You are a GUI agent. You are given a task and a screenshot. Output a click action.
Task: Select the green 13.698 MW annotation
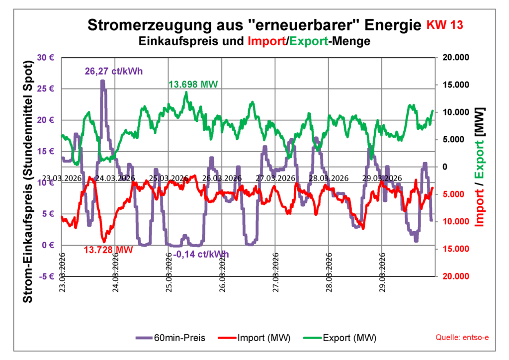tap(194, 85)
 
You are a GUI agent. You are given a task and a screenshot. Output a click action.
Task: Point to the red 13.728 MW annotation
tap(108, 249)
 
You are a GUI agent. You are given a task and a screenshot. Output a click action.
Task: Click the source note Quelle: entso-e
tap(462, 338)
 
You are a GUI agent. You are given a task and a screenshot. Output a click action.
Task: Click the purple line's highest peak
tap(102, 81)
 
